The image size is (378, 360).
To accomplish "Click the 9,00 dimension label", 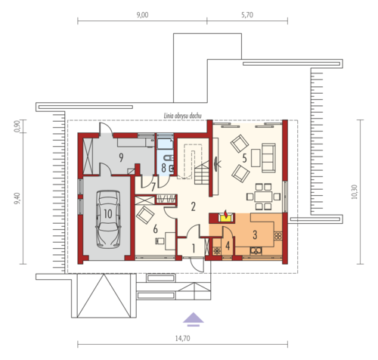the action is pos(142,15).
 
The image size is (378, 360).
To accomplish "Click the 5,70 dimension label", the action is pos(247,15).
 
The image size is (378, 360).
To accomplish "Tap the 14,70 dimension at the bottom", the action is pos(183,338).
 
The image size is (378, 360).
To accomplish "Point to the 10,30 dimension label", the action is pos(355,192).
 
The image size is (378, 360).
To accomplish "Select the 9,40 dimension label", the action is pos(17,198).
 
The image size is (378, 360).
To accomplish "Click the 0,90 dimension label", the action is pos(17,126).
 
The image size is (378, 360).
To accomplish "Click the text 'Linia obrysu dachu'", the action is pos(183,116).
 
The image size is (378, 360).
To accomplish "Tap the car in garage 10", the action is pos(108,219).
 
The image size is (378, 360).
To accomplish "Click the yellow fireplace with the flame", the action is pos(226,217).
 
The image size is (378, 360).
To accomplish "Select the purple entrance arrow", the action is pos(194,319).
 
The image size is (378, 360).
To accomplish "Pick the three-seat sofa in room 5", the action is pos(268,158).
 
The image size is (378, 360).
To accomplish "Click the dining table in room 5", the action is pos(263,197).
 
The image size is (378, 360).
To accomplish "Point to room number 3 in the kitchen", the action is pos(255,234).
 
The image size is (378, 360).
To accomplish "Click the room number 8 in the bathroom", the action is pos(163,168).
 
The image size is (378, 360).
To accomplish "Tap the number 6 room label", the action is pos(155,229).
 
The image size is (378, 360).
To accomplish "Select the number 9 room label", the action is pos(121,157).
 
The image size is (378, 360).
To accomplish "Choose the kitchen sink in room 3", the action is pos(256,250).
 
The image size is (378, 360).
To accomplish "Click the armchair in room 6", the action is pos(145,215).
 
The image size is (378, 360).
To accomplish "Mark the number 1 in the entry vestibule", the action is pos(194,249).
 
